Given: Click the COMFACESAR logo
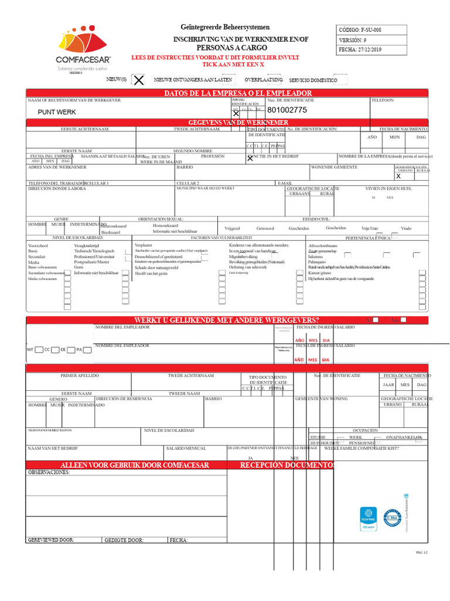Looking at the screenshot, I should pos(83,50).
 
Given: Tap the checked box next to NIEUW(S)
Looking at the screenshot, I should pos(138,80).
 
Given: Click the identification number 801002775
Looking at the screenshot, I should pos(287,110).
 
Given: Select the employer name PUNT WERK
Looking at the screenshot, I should pos(57,112).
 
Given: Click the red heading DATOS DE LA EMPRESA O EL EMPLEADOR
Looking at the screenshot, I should pos(229,93).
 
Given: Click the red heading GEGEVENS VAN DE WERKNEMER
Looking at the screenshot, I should pos(229,122).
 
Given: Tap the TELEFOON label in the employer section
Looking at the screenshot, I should pos(383,100).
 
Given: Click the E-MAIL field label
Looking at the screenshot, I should pos(285,183).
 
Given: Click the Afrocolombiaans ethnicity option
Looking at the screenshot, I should pos(323,245).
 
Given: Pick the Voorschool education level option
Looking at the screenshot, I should pos(37,245).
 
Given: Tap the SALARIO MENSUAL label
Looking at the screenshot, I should pos(186,448).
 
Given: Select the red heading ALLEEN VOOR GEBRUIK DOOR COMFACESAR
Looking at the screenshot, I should pos(135,465).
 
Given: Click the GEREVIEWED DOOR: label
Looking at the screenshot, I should pos(51,539).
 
